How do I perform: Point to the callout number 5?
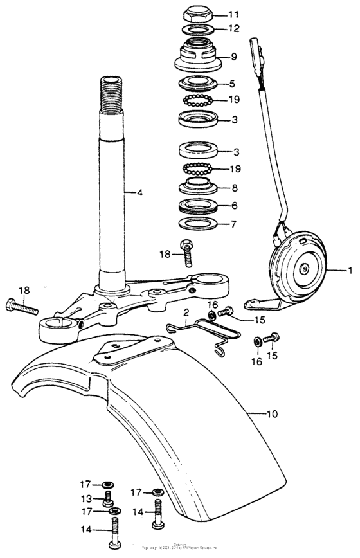coord(232,84)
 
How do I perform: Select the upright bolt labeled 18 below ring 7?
coord(187,255)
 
